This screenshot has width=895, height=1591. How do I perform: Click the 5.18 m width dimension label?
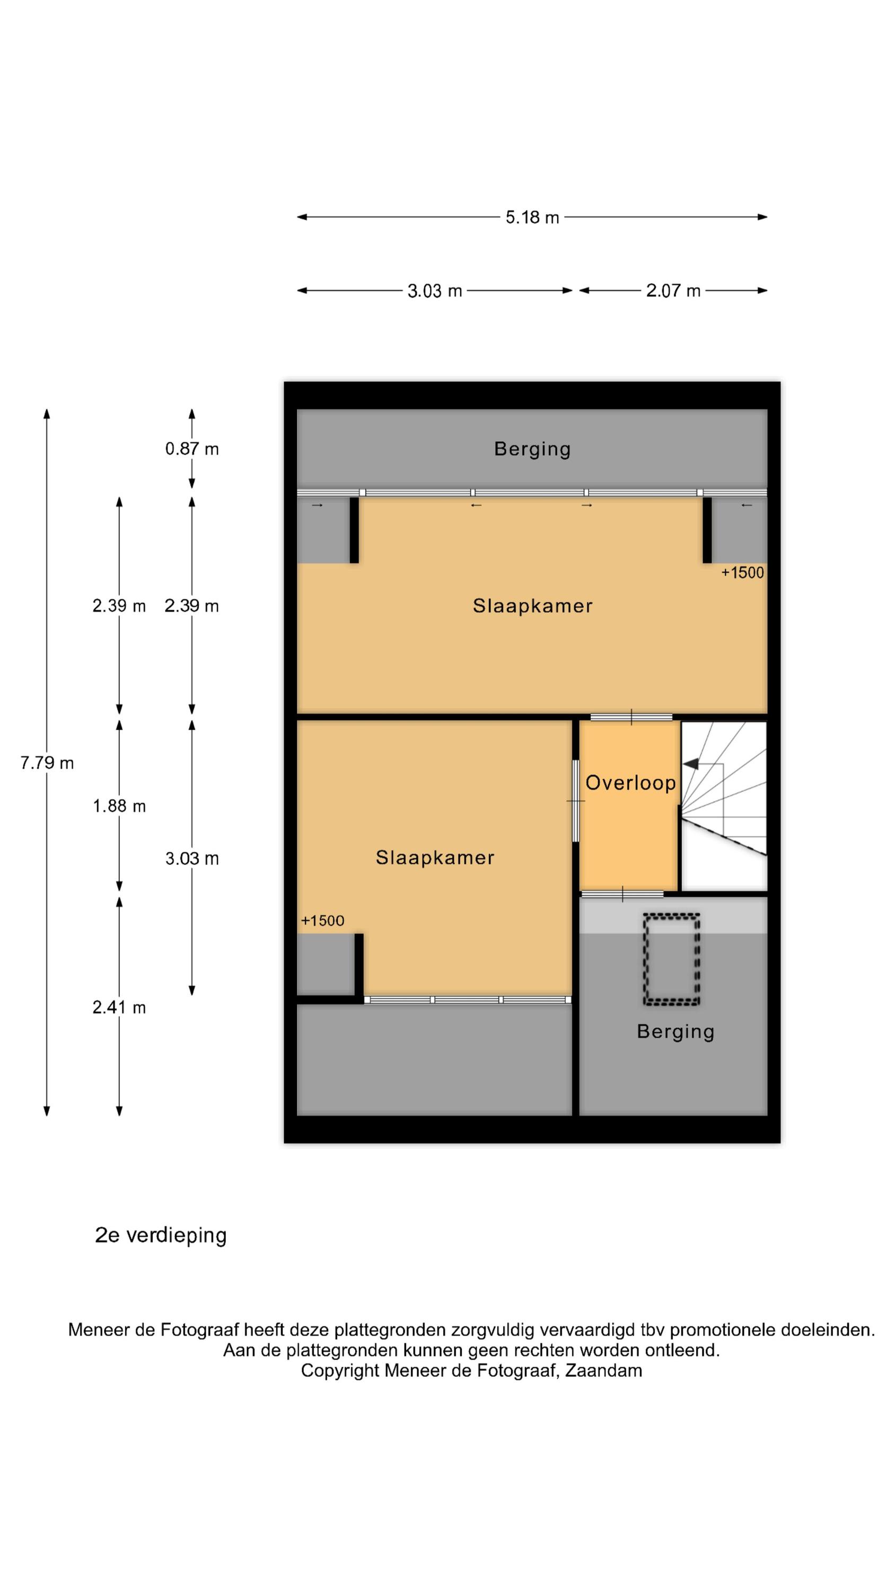tap(532, 217)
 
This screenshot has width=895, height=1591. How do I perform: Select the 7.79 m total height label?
tap(47, 763)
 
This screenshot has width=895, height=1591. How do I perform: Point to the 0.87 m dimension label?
tap(191, 449)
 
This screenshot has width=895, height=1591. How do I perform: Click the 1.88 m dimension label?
tap(119, 806)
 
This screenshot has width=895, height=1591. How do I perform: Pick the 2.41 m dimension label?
tap(119, 1007)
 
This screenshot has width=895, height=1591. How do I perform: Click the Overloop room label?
tap(630, 783)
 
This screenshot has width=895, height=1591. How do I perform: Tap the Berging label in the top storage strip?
tap(532, 449)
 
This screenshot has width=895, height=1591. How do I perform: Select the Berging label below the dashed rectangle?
tap(675, 1031)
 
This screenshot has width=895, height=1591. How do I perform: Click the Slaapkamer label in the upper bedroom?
tap(532, 606)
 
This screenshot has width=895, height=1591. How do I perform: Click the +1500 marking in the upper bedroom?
tap(742, 573)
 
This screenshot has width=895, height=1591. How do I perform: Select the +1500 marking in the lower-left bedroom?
tap(322, 921)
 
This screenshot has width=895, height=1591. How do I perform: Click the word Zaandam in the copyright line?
tap(603, 1370)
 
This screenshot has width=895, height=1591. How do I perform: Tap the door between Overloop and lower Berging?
tap(622, 894)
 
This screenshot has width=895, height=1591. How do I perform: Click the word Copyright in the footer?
tap(340, 1371)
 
